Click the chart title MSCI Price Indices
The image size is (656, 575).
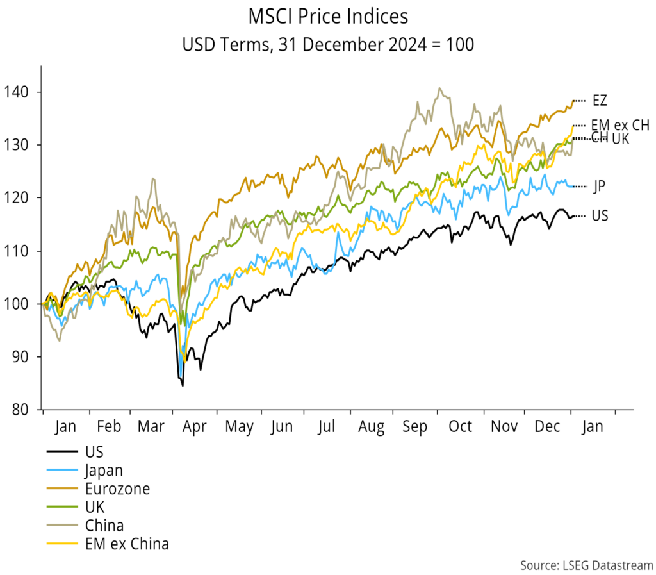(327, 16)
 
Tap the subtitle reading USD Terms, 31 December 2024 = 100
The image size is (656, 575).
(327, 46)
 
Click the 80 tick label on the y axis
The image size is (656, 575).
(28, 410)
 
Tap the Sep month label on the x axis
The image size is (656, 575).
(415, 427)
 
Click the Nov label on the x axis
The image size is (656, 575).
(504, 427)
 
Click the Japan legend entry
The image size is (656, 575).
(103, 470)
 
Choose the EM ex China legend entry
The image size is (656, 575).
(126, 544)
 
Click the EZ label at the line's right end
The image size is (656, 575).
(600, 101)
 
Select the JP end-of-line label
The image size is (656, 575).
(599, 187)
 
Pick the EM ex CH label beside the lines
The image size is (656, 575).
(619, 125)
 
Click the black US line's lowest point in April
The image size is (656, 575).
(183, 385)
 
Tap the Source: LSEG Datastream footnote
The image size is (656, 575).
(586, 565)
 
